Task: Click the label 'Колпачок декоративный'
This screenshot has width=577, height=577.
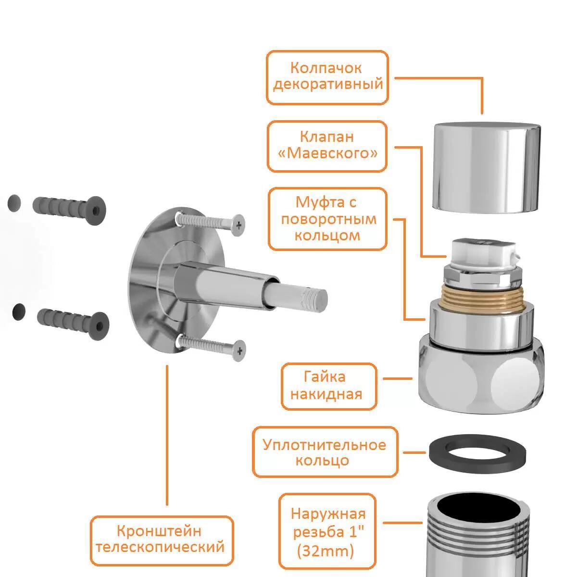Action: [327, 77]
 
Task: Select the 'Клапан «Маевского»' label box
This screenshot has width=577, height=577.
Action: [327, 147]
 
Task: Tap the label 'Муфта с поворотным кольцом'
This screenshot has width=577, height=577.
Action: [327, 219]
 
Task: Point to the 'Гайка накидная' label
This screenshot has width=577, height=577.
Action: [329, 386]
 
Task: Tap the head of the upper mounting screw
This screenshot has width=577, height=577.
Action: [238, 225]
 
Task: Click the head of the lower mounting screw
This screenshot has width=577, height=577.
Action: [238, 351]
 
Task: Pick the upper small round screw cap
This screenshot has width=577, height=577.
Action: [14, 203]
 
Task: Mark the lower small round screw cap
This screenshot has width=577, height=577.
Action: [19, 312]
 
